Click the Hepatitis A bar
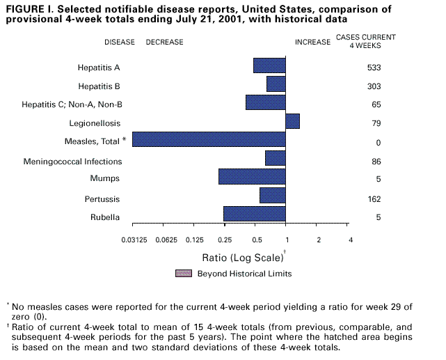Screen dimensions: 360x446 coord(269,65)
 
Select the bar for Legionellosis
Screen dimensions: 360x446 coord(292,121)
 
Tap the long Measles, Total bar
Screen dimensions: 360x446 coord(209,139)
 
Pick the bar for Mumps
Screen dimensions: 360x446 coord(252,177)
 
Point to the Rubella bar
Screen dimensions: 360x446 coord(254,214)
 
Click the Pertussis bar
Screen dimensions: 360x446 coord(272,195)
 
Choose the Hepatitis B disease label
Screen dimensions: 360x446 coord(99,86)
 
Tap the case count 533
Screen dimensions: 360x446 coord(374,68)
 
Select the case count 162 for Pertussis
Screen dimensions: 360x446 coord(374,199)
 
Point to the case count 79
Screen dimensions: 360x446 coord(374,124)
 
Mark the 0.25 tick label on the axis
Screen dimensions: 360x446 coord(224,240)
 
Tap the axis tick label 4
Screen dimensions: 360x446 coord(351,240)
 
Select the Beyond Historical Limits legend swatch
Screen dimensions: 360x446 coord(183,273)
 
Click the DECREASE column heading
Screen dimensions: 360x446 coord(164,42)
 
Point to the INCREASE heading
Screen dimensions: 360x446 coord(312,42)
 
